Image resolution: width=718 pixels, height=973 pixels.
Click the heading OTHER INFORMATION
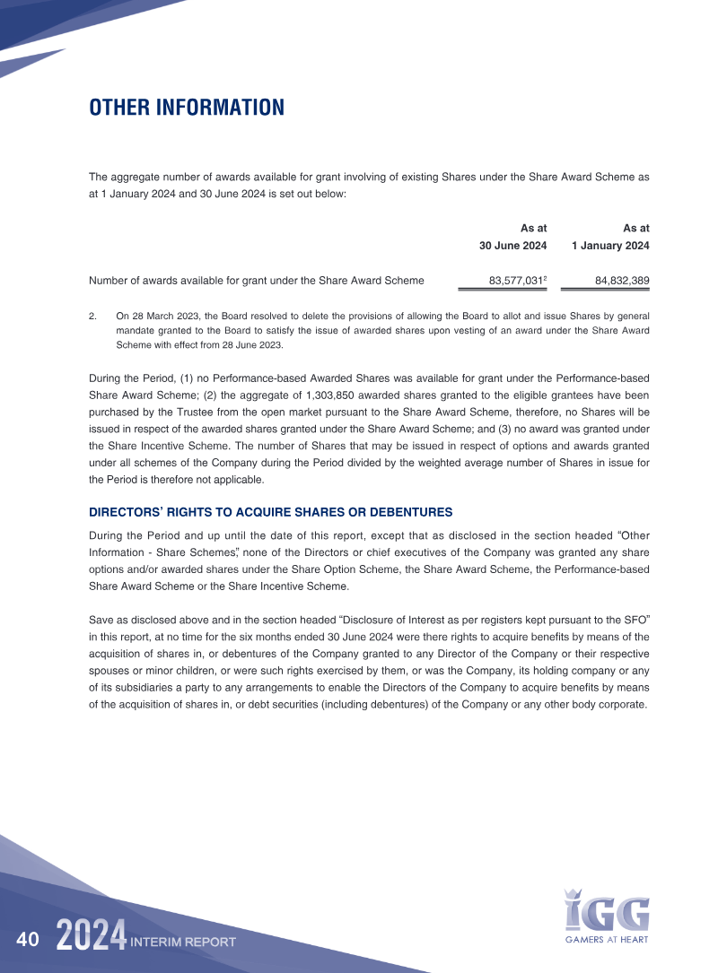(x=187, y=109)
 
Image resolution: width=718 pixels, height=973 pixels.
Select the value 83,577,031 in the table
(x=515, y=281)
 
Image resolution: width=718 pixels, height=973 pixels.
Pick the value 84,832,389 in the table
(x=622, y=281)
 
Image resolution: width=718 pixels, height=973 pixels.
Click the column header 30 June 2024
(x=512, y=246)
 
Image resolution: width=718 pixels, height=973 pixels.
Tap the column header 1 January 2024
(x=610, y=246)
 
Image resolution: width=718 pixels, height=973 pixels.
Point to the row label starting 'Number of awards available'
(x=257, y=281)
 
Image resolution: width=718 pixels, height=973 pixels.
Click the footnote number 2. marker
(x=92, y=316)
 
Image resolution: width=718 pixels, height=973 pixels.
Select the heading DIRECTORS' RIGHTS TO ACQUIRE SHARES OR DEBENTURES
(x=271, y=512)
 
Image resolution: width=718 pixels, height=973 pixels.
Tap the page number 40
(x=28, y=940)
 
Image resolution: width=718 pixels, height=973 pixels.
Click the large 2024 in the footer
(x=90, y=937)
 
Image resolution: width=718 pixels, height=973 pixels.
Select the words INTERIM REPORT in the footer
(x=183, y=943)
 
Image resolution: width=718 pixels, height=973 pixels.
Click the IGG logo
(x=607, y=911)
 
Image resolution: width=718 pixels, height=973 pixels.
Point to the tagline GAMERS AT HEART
(x=607, y=940)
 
